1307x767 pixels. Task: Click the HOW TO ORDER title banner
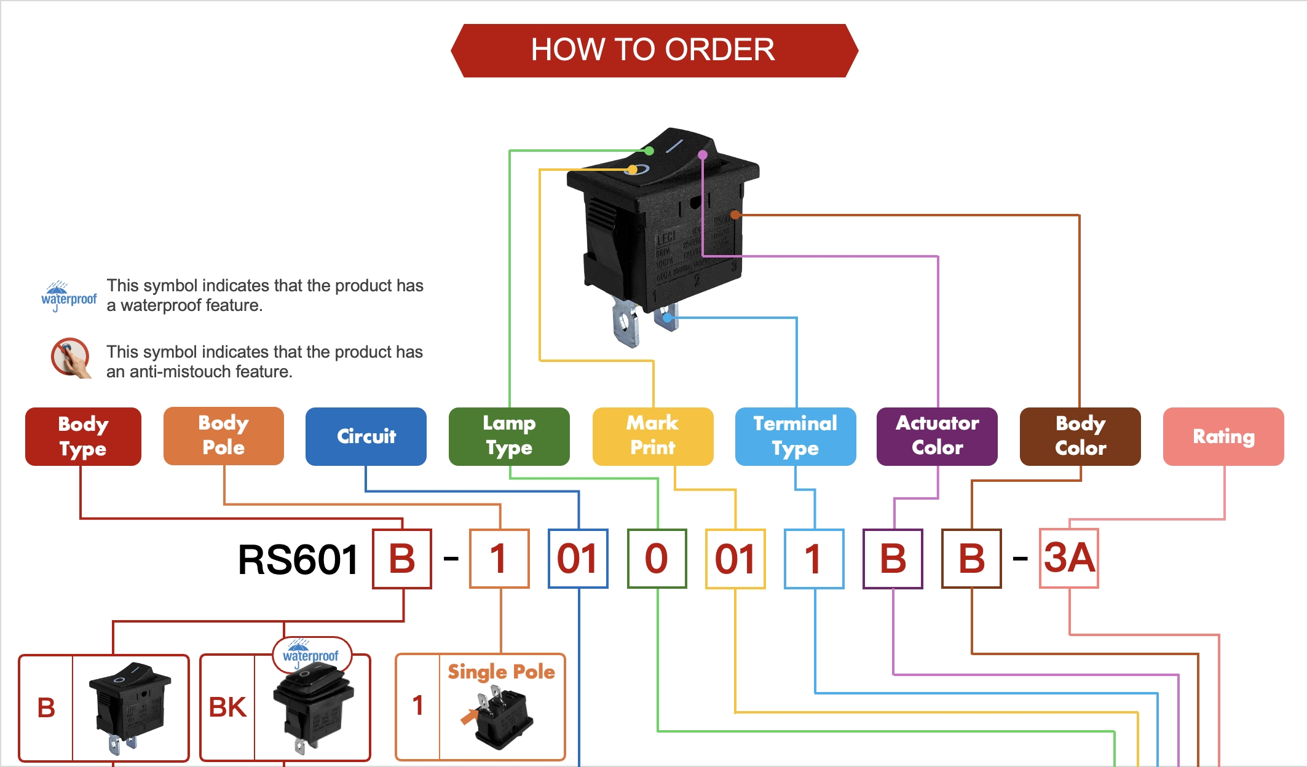point(653,50)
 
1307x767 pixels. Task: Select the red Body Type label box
point(83,436)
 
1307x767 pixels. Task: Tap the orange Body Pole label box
point(224,436)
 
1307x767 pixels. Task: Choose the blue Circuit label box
point(366,436)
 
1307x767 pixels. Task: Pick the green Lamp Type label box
point(509,436)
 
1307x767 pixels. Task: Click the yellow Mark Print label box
point(653,436)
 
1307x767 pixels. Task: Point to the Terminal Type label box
point(796,436)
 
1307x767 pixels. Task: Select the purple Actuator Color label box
point(937,436)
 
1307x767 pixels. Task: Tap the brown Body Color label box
point(1080,436)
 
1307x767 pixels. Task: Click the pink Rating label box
point(1223,436)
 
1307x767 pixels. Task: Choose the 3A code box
point(1069,558)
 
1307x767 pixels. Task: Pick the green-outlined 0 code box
point(657,559)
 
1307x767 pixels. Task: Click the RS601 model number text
point(298,560)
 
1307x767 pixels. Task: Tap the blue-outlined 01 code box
point(578,559)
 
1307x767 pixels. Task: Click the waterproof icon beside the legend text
point(68,296)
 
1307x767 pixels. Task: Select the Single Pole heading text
point(501,672)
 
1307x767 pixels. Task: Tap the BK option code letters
point(227,707)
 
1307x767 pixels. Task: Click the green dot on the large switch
point(649,151)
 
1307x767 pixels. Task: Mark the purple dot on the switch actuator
point(703,155)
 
